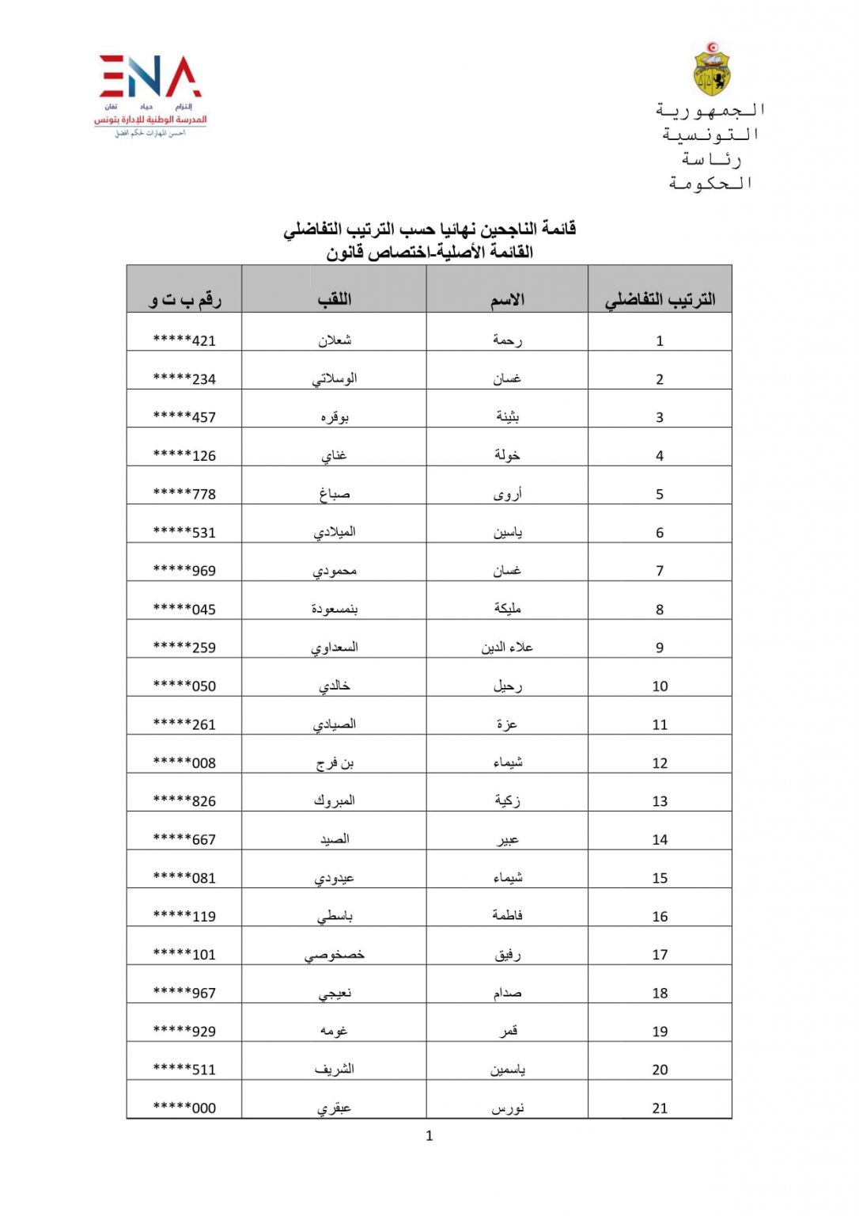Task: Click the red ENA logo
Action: click(x=150, y=77)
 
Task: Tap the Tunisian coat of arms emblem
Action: click(x=711, y=69)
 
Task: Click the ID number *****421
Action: click(x=184, y=340)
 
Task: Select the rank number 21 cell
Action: click(x=660, y=1108)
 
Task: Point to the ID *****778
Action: click(x=184, y=494)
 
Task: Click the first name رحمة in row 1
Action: click(x=507, y=340)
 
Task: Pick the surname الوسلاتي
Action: click(x=335, y=378)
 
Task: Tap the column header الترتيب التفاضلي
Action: click(x=660, y=299)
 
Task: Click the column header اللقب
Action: click(x=335, y=299)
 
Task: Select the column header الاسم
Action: click(x=507, y=299)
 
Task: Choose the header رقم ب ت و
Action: click(x=185, y=299)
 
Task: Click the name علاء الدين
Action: click(x=507, y=648)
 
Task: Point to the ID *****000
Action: click(x=184, y=1108)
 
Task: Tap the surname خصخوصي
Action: click(x=335, y=955)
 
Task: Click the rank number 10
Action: click(x=660, y=686)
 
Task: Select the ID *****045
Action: click(x=184, y=609)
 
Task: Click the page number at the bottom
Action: click(x=429, y=1136)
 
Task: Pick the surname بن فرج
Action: click(x=335, y=762)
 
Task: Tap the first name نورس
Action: click(x=507, y=1108)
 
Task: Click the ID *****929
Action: click(x=184, y=1031)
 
